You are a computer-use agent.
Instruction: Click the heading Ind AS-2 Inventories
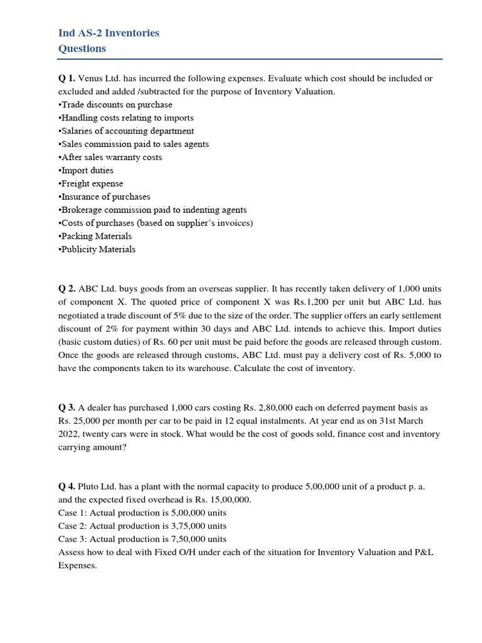point(109,33)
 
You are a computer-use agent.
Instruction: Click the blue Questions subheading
point(82,48)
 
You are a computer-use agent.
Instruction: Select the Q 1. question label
point(67,78)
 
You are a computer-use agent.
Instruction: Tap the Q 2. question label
point(67,289)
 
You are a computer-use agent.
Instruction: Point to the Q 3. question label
point(67,408)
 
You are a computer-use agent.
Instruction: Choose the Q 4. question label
point(67,487)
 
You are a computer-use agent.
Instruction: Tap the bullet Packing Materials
point(96,236)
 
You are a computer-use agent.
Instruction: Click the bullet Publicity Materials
point(98,249)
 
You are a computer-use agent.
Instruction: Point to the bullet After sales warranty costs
point(111,157)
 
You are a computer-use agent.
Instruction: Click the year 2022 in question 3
point(69,434)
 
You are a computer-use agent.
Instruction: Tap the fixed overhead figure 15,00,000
point(220,500)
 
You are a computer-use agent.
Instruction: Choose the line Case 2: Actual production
point(142,526)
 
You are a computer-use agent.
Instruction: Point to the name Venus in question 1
point(90,78)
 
